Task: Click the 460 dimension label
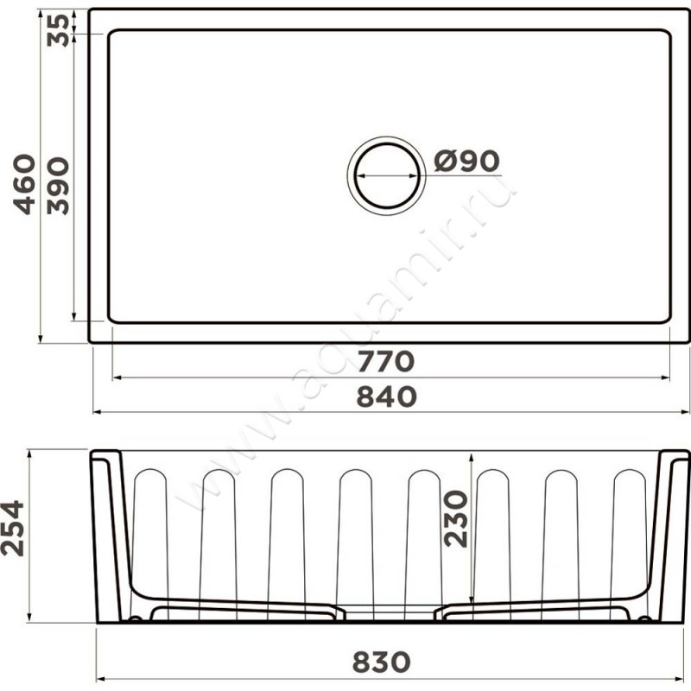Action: [x=24, y=184]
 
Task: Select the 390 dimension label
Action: [x=58, y=186]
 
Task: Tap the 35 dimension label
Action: [x=58, y=30]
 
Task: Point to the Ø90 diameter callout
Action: [x=466, y=161]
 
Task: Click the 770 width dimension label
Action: [x=386, y=361]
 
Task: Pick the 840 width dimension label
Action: [x=386, y=396]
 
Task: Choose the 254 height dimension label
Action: [x=12, y=528]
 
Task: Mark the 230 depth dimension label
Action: [x=455, y=519]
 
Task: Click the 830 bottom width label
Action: [x=381, y=662]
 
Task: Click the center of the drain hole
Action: [x=387, y=175]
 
